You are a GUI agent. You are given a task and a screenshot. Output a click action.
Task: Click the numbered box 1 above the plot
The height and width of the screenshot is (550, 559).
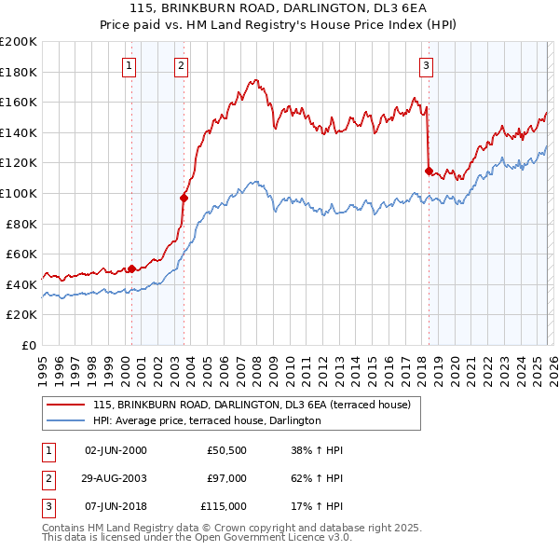pyautogui.click(x=128, y=65)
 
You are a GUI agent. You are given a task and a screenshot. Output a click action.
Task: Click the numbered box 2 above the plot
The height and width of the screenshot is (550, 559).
pyautogui.click(x=181, y=65)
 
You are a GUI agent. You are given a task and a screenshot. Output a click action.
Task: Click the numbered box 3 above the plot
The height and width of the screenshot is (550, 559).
pyautogui.click(x=425, y=65)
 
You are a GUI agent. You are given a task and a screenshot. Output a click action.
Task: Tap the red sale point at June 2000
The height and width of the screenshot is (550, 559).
pyautogui.click(x=131, y=268)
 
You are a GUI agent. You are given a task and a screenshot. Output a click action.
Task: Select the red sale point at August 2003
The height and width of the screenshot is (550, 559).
pyautogui.click(x=184, y=198)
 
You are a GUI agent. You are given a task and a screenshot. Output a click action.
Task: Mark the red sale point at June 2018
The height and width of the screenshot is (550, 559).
pyautogui.click(x=429, y=171)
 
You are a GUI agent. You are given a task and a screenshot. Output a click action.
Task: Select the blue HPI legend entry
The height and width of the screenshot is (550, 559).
pyautogui.click(x=207, y=420)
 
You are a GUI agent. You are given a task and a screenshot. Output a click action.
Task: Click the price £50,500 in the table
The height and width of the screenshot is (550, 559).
pyautogui.click(x=226, y=450)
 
